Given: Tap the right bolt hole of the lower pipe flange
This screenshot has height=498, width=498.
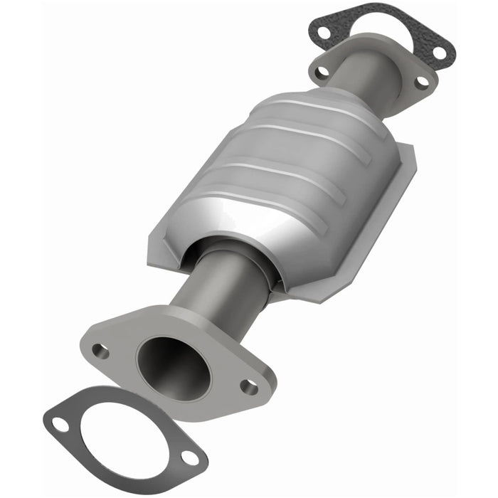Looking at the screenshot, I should (248, 386).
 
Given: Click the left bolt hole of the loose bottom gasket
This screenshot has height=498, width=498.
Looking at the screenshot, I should (60, 425).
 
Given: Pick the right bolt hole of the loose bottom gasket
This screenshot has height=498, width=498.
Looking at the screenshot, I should (191, 457).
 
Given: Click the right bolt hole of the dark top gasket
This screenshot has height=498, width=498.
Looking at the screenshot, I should (439, 51).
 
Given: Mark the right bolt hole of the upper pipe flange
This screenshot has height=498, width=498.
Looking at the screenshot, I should (421, 82).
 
